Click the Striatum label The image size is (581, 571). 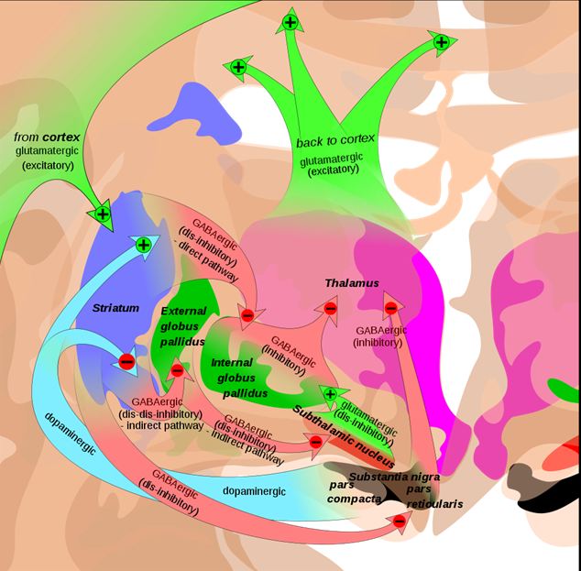(x=115, y=308)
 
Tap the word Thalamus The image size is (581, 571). (x=351, y=283)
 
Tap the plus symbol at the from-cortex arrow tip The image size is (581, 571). (x=103, y=214)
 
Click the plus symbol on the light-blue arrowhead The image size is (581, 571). (x=143, y=244)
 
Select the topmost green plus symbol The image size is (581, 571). (x=290, y=21)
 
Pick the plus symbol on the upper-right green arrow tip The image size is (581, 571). (x=441, y=41)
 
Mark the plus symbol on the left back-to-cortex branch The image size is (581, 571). (x=238, y=67)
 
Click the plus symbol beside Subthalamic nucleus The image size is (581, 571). (x=330, y=394)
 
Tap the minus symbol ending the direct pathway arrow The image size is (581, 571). (x=247, y=316)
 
